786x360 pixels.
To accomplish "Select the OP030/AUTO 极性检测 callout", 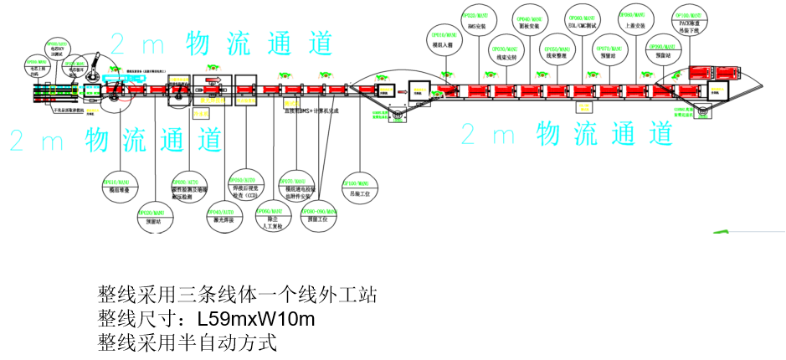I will click(x=189, y=188).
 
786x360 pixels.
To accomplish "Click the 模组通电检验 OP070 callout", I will click(x=297, y=187).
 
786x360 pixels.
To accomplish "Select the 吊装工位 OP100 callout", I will click(x=360, y=188).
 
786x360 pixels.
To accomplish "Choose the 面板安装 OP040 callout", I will click(x=531, y=21).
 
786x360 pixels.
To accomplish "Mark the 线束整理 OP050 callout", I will click(x=557, y=52).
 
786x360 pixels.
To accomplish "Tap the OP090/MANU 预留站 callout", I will click(x=663, y=52).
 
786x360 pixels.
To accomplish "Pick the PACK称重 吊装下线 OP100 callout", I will click(x=690, y=20).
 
